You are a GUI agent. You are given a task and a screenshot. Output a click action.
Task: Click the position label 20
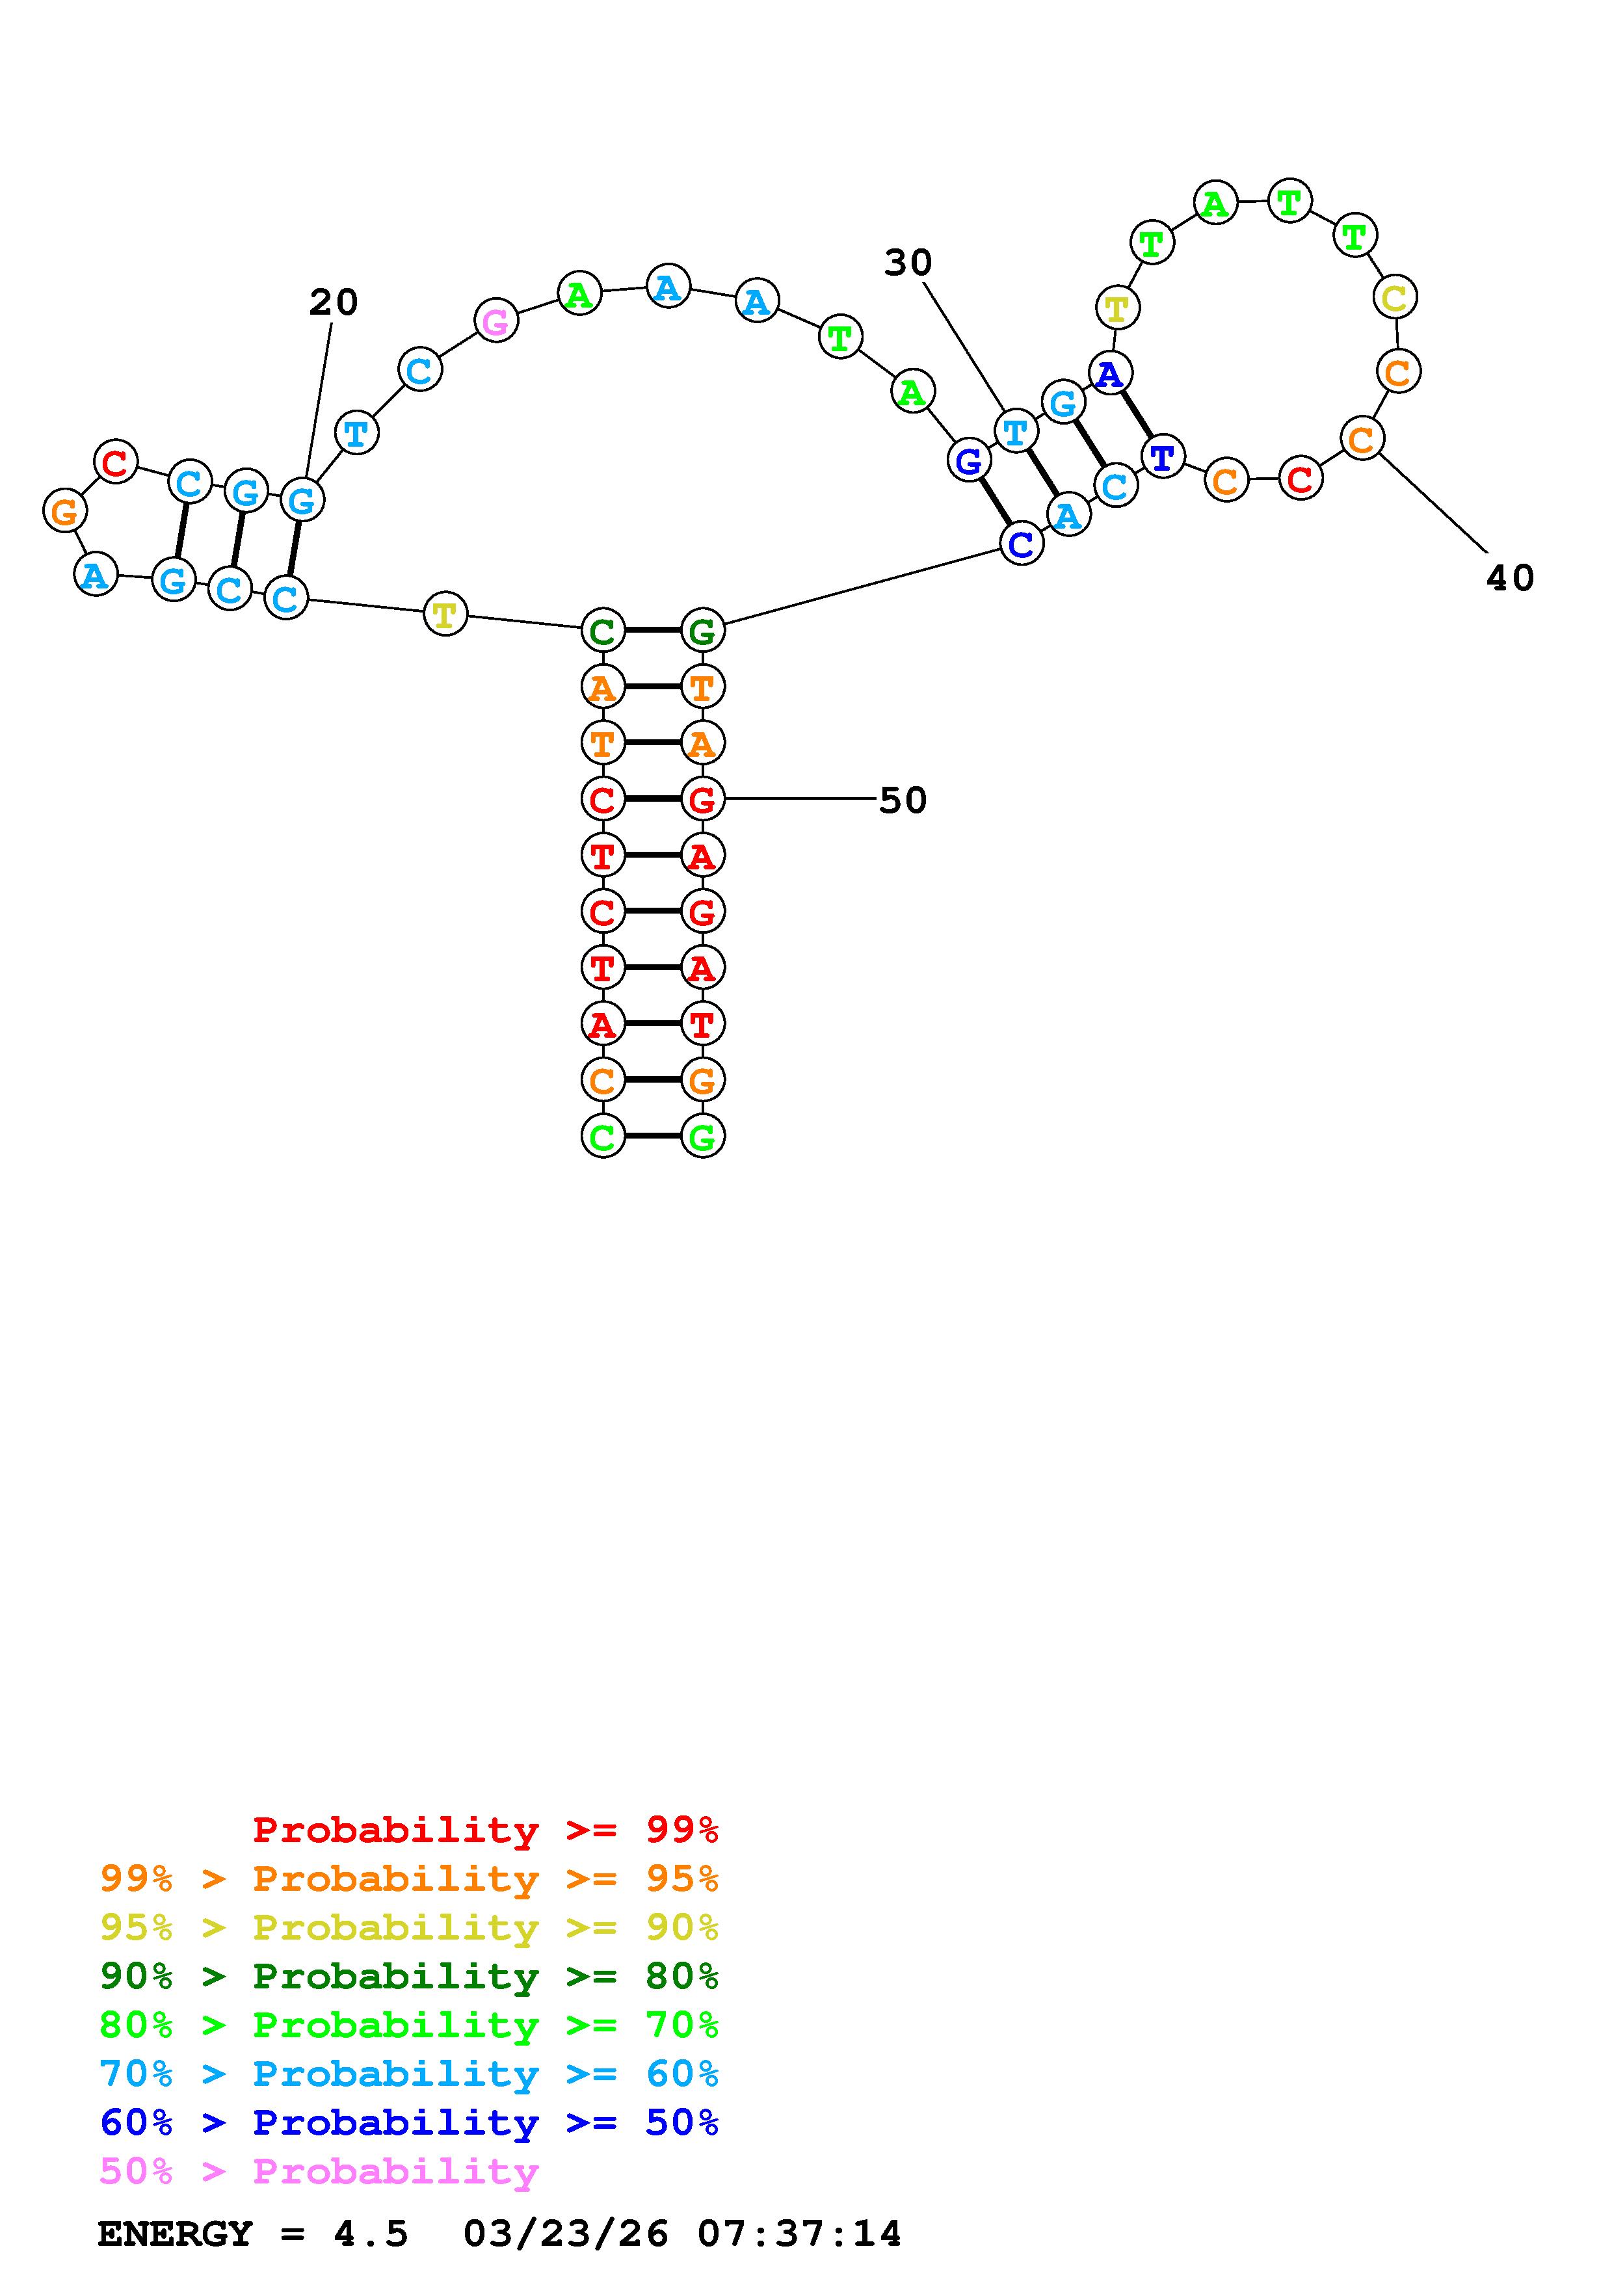point(333,302)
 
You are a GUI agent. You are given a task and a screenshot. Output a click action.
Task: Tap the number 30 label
point(908,263)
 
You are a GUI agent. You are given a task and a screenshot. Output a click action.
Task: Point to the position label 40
point(1510,578)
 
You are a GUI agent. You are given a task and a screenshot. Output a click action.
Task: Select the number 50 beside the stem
point(903,800)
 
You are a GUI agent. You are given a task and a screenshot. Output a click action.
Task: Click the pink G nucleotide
point(495,321)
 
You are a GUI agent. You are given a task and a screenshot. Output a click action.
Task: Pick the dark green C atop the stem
point(603,631)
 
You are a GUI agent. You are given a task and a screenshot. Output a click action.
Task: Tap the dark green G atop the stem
point(702,631)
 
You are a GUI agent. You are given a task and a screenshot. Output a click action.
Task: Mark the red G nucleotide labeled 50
point(702,798)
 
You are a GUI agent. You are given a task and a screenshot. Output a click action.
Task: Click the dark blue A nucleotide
point(1109,375)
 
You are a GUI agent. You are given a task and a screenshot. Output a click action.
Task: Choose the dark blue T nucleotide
point(1162,457)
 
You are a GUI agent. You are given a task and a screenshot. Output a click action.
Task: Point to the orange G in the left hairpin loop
point(64,512)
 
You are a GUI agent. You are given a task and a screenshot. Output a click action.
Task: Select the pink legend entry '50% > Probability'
point(319,2170)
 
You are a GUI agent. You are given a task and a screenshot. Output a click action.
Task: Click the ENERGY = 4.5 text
point(252,2234)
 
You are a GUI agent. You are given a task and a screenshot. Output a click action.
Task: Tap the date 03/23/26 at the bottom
point(566,2234)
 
